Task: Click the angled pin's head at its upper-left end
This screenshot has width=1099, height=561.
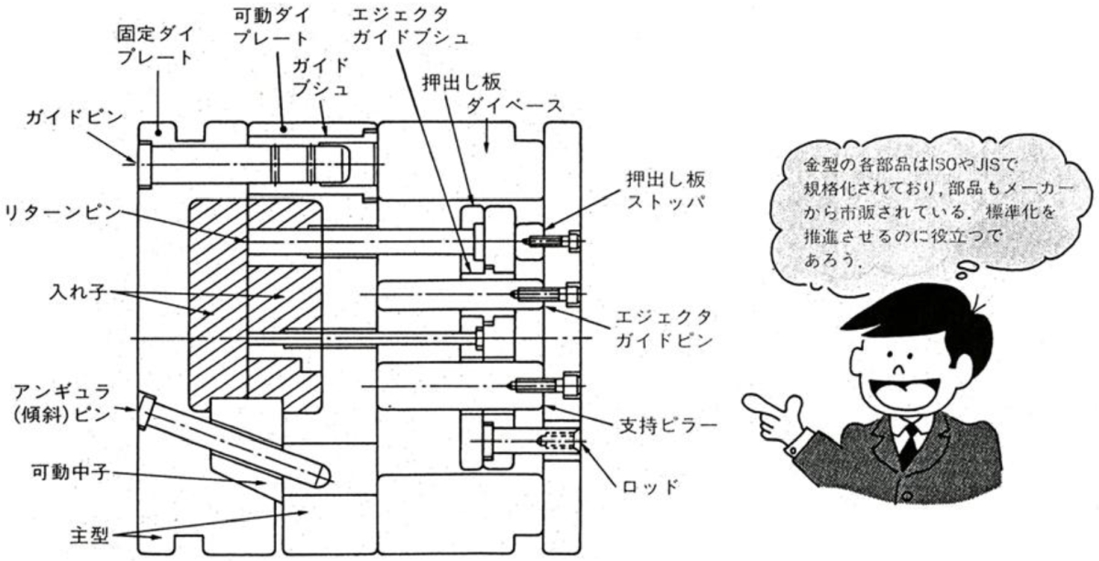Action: (x=147, y=410)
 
